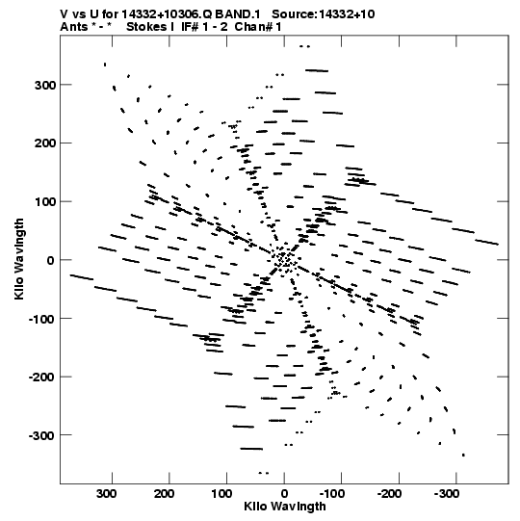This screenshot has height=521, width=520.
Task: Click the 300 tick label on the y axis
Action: pos(45,86)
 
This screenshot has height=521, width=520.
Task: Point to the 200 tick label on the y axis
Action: pos(45,143)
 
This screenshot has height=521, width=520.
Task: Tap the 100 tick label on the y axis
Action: pos(45,202)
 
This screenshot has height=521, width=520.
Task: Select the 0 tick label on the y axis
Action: pos(50,261)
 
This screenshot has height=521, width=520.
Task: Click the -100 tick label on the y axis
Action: pos(42,320)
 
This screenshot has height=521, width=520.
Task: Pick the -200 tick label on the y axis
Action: pos(42,378)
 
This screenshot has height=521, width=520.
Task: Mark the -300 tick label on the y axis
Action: pos(42,436)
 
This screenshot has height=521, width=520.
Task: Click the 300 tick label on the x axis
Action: pos(107,494)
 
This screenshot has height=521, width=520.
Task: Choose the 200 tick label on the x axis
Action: pos(164,494)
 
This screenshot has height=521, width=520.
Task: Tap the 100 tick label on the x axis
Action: pos(221,494)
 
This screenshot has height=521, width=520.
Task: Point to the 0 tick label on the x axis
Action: pos(284,494)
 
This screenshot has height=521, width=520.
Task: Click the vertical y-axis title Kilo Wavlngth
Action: pos(19,259)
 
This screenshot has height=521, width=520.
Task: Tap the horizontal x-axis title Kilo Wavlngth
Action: pos(285,507)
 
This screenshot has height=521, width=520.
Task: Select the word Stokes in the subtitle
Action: pos(147,27)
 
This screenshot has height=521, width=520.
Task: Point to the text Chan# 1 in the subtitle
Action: pos(258,27)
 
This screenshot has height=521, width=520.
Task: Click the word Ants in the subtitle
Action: pos(74,27)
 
